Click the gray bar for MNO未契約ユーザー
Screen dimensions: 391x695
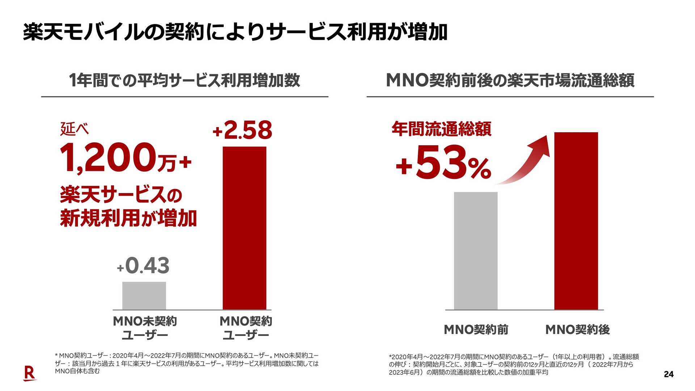pyautogui.click(x=144, y=295)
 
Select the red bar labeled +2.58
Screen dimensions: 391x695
pyautogui.click(x=244, y=228)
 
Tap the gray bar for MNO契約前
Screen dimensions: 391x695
pyautogui.click(x=476, y=251)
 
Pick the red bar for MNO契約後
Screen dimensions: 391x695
pyautogui.click(x=576, y=221)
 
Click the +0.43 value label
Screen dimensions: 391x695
pyautogui.click(x=144, y=266)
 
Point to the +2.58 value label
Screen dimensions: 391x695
pyautogui.click(x=242, y=130)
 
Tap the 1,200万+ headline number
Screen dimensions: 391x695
pyautogui.click(x=125, y=158)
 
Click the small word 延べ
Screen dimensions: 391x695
pyautogui.click(x=74, y=129)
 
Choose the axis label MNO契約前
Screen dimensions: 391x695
pyautogui.click(x=476, y=329)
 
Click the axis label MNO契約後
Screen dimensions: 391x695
pyautogui.click(x=577, y=329)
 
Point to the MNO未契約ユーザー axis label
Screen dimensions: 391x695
pyautogui.click(x=145, y=328)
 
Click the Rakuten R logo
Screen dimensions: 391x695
pyautogui.click(x=30, y=373)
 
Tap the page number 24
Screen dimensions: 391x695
pyautogui.click(x=669, y=374)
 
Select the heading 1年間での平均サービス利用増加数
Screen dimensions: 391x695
pyautogui.click(x=184, y=80)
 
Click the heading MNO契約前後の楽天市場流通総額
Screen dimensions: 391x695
pyautogui.click(x=510, y=80)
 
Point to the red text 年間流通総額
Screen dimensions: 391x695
pyautogui.click(x=442, y=129)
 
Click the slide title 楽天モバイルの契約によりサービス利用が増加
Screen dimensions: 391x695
pyautogui.click(x=235, y=32)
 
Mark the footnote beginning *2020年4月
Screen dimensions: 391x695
pyautogui.click(x=514, y=365)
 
